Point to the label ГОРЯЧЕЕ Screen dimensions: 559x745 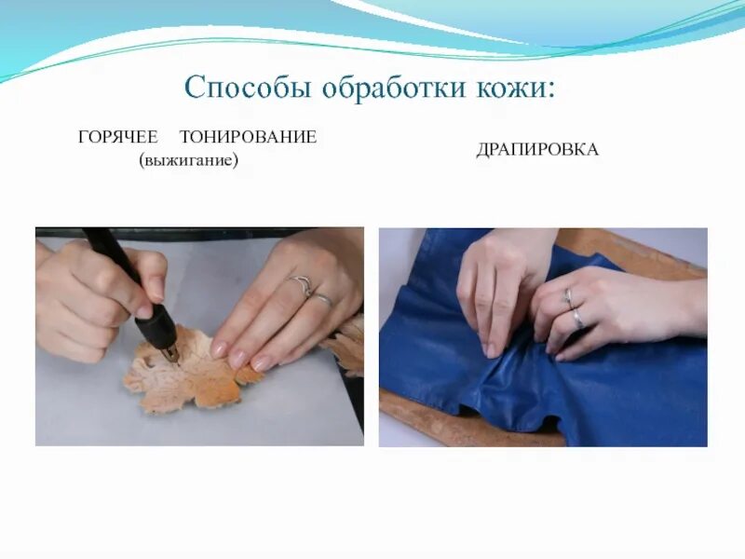pos(118,138)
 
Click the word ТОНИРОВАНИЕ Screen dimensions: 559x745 pos(249,138)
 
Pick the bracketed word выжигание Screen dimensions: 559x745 pos(189,161)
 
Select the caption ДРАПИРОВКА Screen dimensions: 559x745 pos(537,150)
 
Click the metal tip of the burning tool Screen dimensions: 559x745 pos(169,353)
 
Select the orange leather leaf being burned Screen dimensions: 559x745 pos(191,373)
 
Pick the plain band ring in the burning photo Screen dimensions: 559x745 pos(321,300)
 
